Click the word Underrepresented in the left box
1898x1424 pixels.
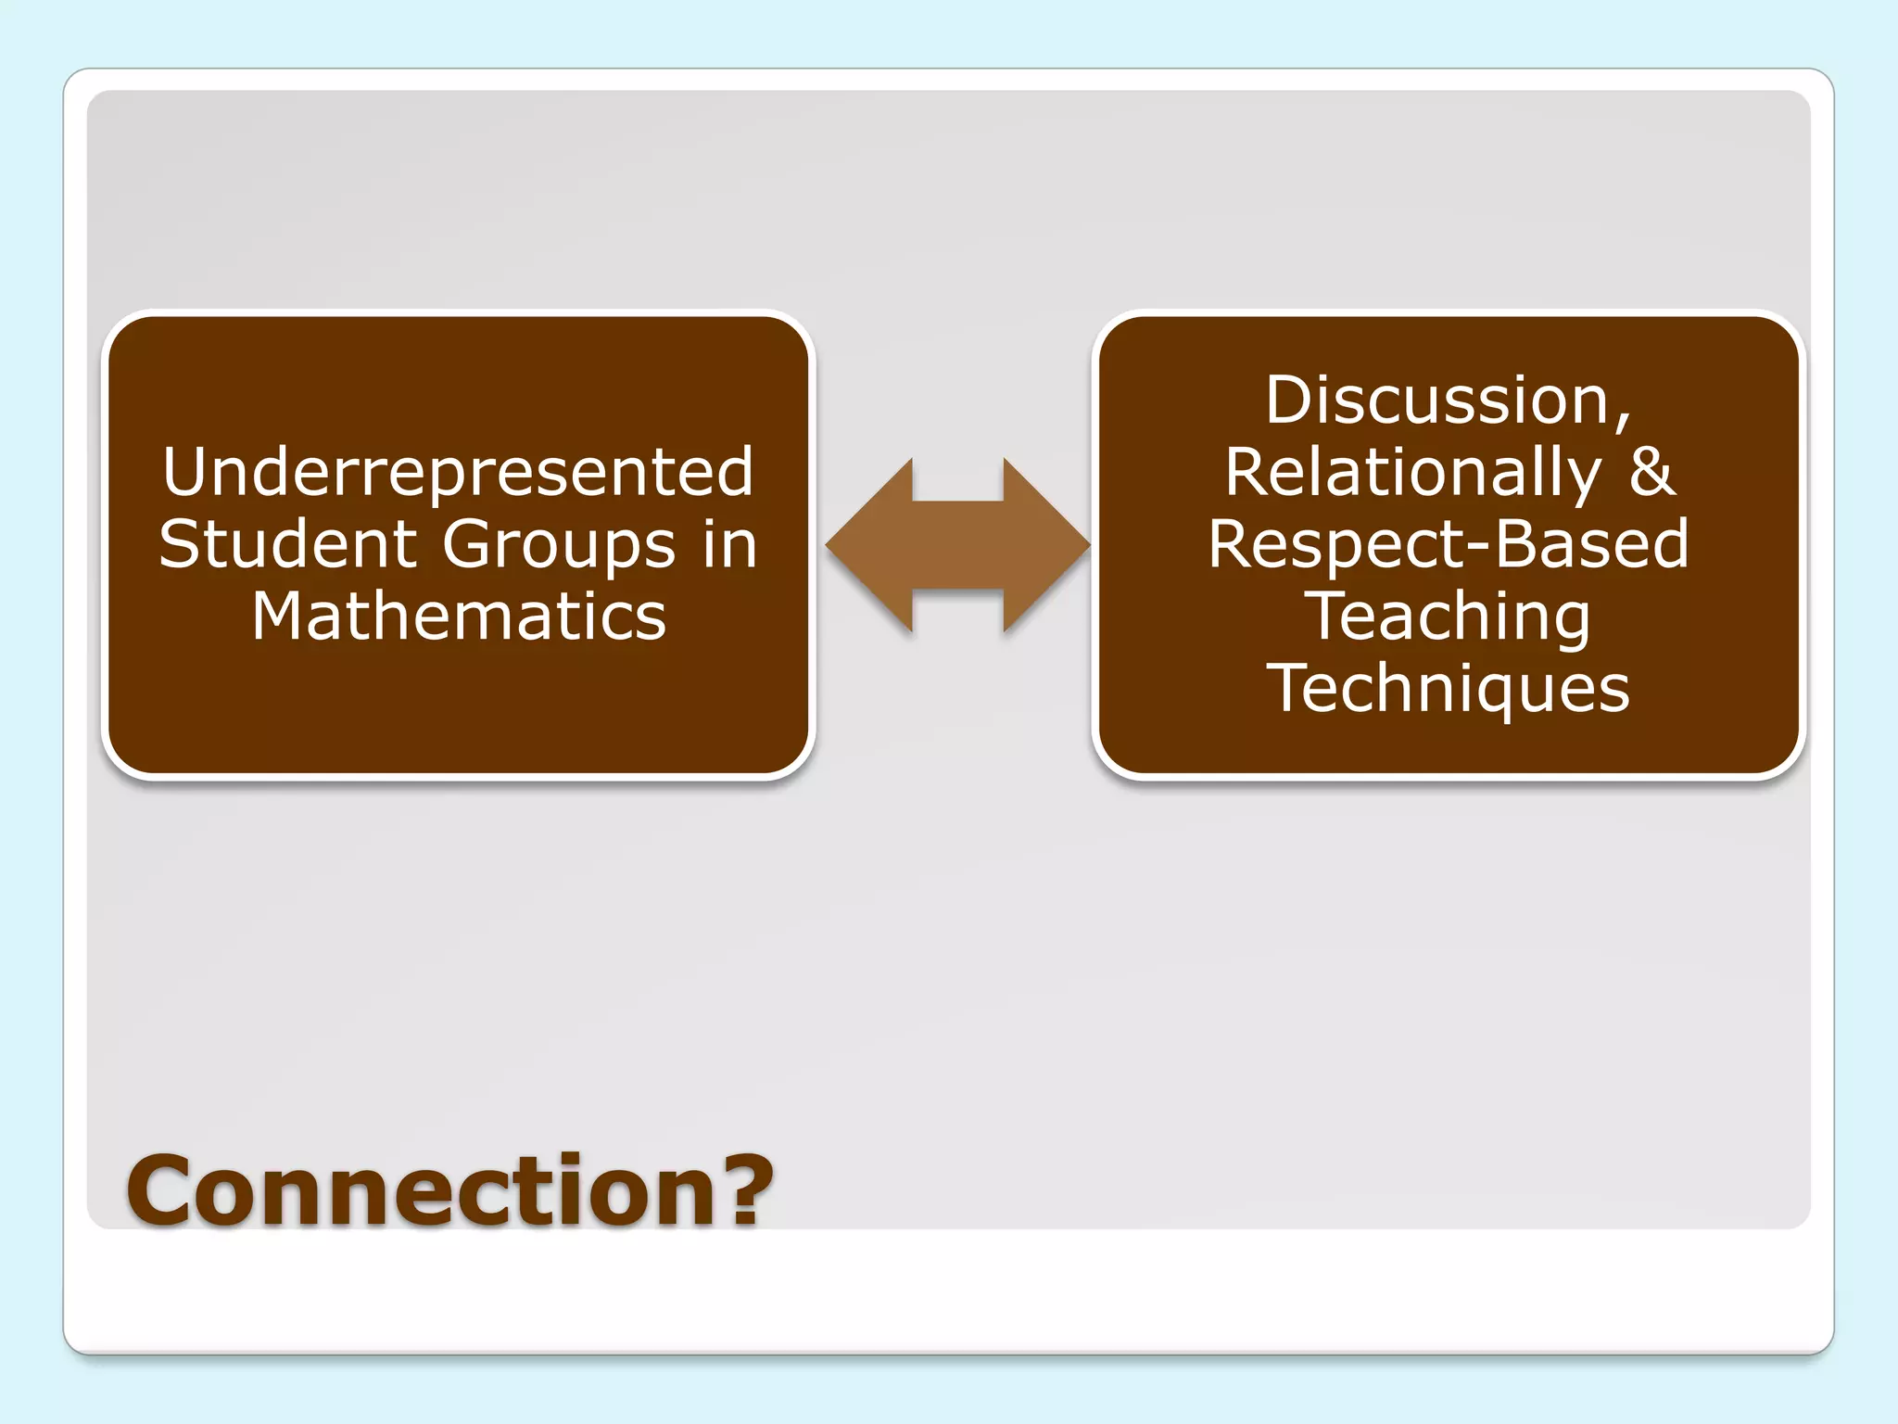[x=458, y=472]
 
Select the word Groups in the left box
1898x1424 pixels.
[x=559, y=547]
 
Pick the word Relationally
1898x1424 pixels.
[x=1412, y=474]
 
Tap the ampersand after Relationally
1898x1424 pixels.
[x=1651, y=472]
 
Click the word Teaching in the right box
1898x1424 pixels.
[x=1448, y=618]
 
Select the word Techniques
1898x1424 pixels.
[x=1448, y=689]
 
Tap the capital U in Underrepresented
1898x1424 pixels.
[x=183, y=472]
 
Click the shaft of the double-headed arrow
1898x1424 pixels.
[x=958, y=545]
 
